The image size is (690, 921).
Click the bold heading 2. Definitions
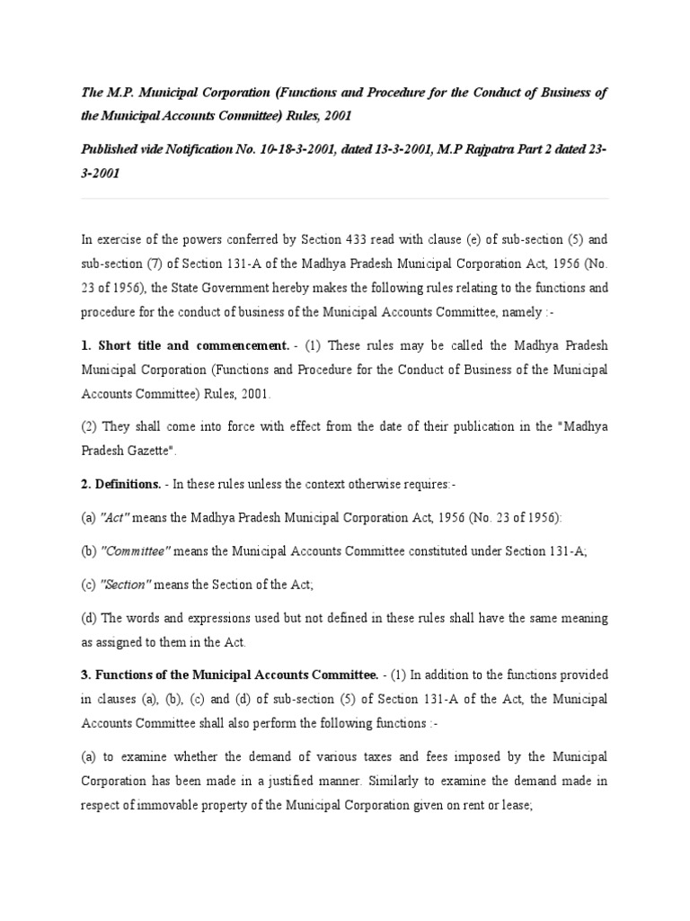point(121,484)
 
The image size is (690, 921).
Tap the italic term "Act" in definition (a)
point(111,518)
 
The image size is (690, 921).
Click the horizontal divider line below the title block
point(345,198)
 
